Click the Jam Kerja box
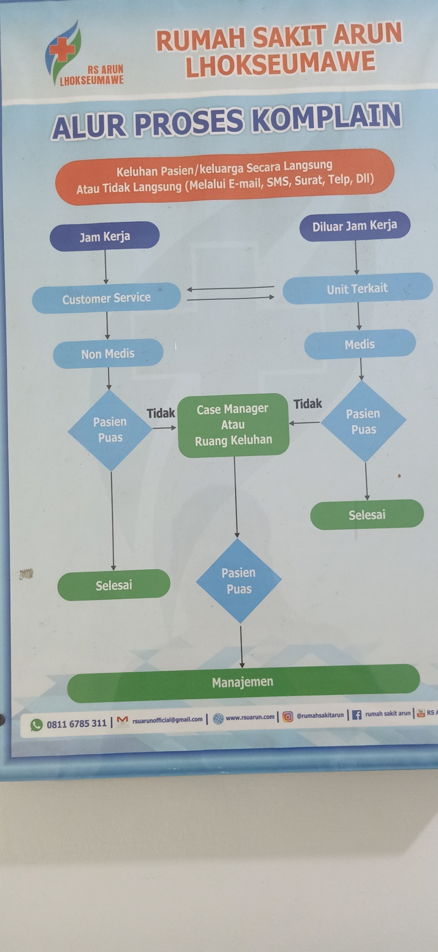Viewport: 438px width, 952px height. pos(105,236)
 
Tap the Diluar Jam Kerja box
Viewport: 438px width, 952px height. pos(355,226)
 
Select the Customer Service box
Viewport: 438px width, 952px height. pos(107,298)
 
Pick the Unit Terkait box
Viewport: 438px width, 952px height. pos(358,288)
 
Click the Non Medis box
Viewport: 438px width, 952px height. pos(108,354)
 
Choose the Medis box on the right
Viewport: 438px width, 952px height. pos(360,344)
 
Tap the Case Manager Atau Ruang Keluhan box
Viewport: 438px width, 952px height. pos(233,425)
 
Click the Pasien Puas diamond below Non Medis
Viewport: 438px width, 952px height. pos(110,430)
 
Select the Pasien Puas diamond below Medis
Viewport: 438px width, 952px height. pos(364,421)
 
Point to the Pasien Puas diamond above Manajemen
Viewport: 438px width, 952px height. pos(239,581)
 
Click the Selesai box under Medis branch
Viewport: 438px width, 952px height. pos(367,515)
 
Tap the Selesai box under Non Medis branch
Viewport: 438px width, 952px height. pos(114,585)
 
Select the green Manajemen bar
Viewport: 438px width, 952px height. pos(243,683)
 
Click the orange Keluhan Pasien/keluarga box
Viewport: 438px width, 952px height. pos(225,177)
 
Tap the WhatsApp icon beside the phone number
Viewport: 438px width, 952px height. pos(37,725)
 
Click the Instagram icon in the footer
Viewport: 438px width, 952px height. pos(288,716)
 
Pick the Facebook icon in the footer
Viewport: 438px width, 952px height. pos(357,714)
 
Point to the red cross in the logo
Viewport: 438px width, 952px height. pos(61,50)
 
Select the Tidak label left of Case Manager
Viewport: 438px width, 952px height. pos(161,413)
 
